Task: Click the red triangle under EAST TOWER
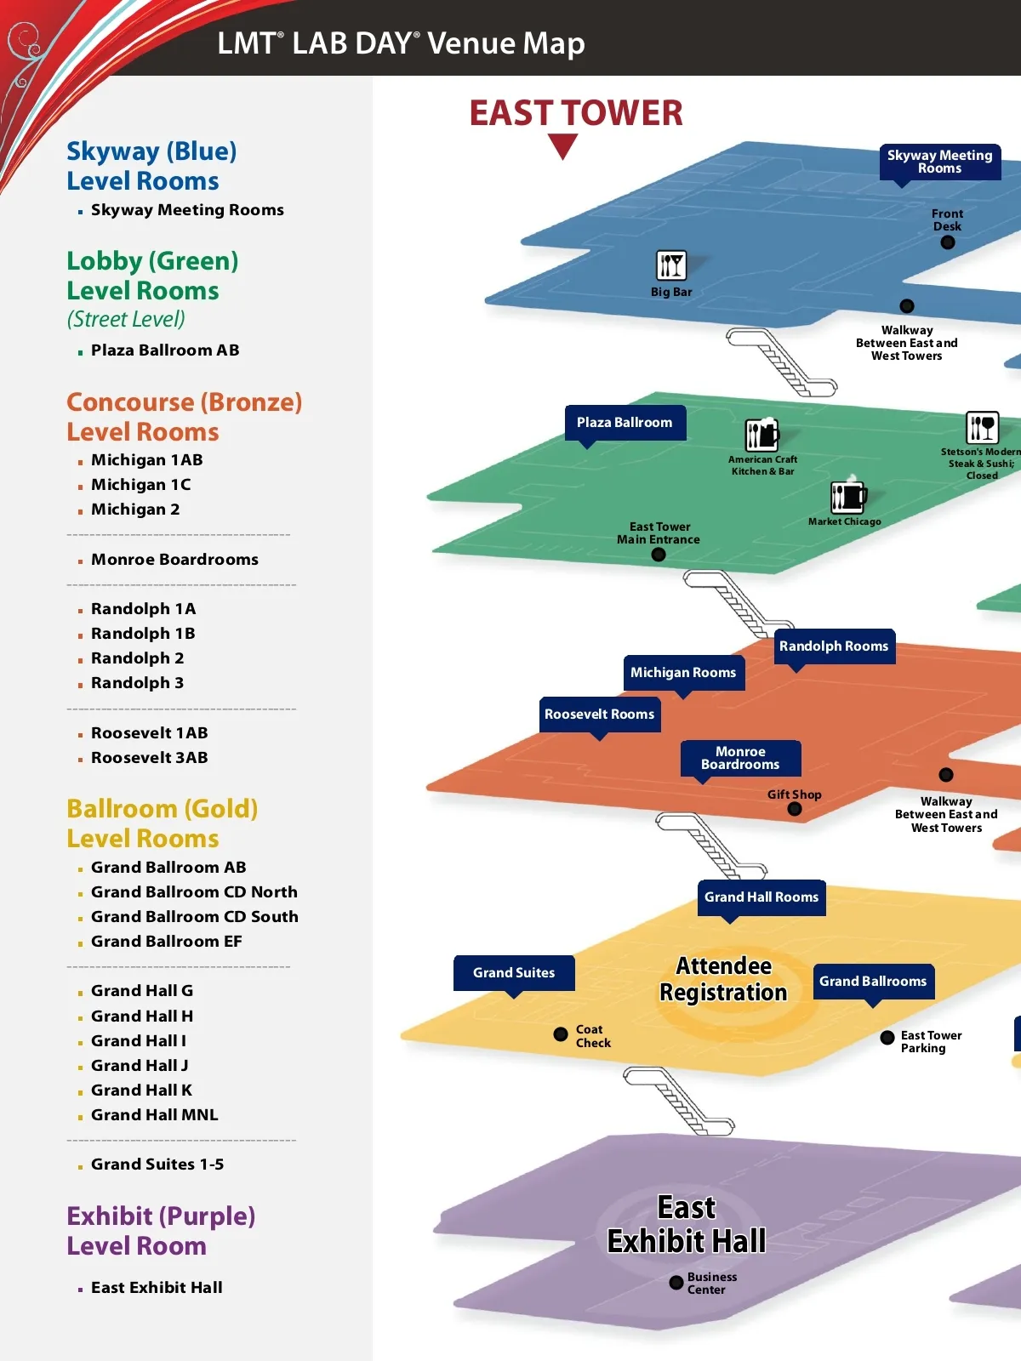[562, 145]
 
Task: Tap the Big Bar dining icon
[671, 265]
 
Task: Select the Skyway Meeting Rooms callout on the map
[939, 162]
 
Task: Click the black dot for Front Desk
[947, 242]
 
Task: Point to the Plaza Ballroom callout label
[625, 423]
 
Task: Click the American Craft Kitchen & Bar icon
[762, 435]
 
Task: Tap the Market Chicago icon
[847, 496]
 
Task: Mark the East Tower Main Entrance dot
[658, 555]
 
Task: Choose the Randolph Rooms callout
[834, 646]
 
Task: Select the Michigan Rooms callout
[683, 673]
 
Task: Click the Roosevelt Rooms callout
[600, 715]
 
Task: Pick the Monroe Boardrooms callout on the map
[740, 758]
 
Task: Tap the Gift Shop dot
[795, 809]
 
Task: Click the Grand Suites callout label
[514, 973]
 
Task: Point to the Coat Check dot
[561, 1034]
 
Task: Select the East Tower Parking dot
[887, 1037]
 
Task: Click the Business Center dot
[676, 1283]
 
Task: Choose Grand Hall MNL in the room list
[154, 1115]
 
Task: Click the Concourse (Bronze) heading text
[185, 402]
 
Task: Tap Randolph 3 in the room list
[137, 683]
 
